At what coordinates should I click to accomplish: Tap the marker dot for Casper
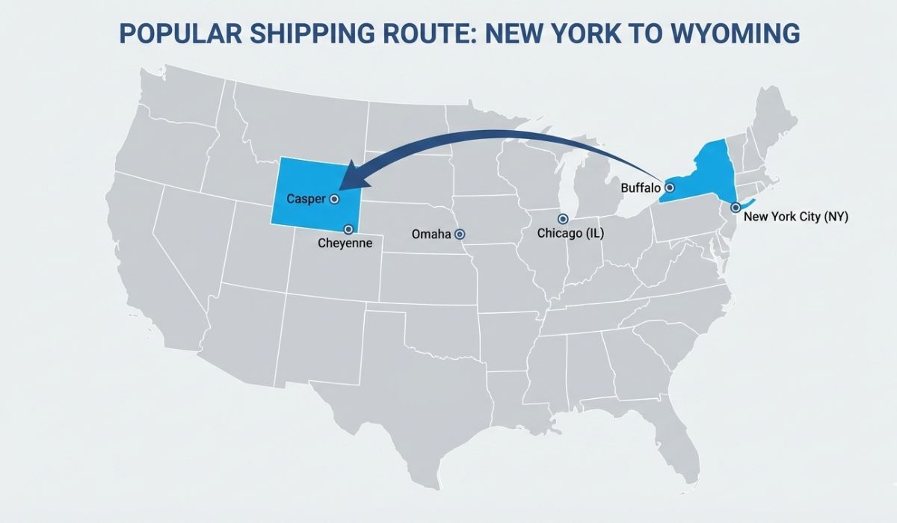[334, 199]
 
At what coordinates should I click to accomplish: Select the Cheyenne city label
[345, 243]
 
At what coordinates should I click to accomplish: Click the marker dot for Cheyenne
[348, 229]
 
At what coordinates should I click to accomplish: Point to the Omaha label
[431, 235]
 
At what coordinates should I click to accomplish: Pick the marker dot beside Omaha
[460, 234]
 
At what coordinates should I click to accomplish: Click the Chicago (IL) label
[570, 234]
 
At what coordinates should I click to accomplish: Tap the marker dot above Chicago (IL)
[564, 218]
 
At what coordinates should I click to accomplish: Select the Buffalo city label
[641, 188]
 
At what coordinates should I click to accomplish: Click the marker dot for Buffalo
[670, 188]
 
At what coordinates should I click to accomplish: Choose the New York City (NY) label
[796, 217]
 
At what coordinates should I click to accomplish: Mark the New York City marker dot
[736, 207]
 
